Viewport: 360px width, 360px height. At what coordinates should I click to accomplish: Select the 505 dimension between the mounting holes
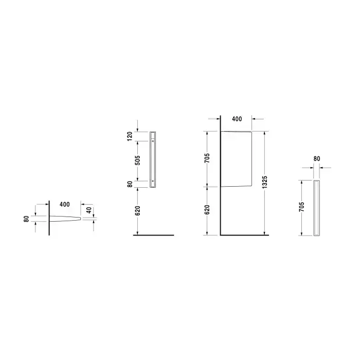[x=137, y=160]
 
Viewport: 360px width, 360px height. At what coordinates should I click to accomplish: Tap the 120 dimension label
[x=130, y=136]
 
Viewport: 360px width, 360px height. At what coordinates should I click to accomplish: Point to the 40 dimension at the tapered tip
[x=89, y=210]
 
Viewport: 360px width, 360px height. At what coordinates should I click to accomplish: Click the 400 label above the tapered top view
[x=64, y=204]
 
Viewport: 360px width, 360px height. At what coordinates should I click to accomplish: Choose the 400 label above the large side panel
[x=237, y=119]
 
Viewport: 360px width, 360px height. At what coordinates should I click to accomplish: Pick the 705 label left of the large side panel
[x=207, y=158]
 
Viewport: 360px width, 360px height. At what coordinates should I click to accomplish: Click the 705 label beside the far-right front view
[x=302, y=207]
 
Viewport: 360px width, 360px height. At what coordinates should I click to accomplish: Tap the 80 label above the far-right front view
[x=317, y=158]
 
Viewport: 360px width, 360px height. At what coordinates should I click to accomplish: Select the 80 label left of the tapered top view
[x=26, y=219]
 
